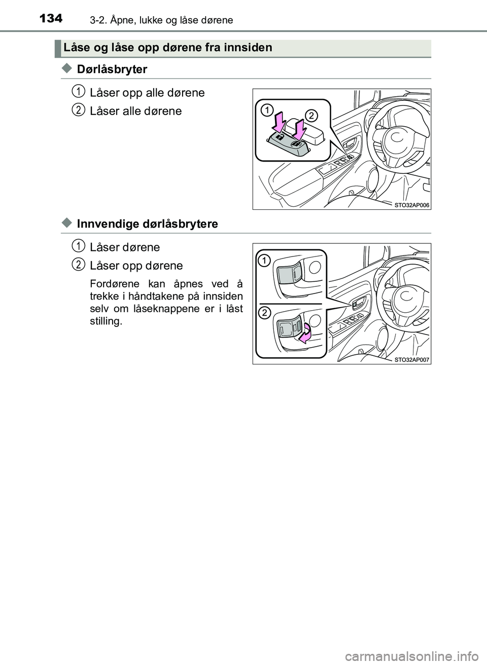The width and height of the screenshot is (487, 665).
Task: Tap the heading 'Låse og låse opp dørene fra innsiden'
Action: (x=168, y=48)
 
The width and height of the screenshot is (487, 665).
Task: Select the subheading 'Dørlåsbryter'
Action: (x=112, y=69)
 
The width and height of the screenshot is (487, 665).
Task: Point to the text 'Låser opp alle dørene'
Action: (x=147, y=93)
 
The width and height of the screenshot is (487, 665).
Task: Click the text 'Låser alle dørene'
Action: (x=135, y=111)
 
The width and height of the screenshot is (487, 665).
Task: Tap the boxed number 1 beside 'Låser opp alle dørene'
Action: (x=77, y=91)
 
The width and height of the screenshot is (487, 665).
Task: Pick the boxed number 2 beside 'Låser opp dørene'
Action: (x=77, y=264)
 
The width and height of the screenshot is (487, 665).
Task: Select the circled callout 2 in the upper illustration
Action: (x=311, y=116)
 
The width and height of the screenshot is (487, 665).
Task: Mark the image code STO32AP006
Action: (x=411, y=205)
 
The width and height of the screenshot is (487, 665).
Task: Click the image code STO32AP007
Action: (x=411, y=359)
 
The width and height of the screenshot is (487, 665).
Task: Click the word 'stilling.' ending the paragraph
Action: (x=106, y=321)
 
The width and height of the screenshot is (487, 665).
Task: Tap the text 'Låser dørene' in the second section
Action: (x=125, y=247)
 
